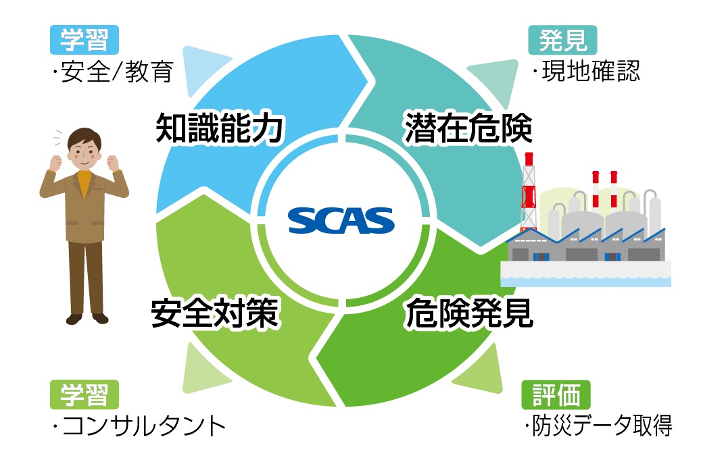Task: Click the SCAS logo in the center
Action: coord(341,220)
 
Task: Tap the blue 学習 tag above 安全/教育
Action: coord(84,40)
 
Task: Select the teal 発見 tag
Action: coord(562,40)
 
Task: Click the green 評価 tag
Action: coord(556,394)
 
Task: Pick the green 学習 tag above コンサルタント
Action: coord(84,394)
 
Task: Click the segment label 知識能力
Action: coord(219,128)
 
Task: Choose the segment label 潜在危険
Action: coord(468,128)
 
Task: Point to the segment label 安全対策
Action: coord(215,313)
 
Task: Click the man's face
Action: coord(84,153)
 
